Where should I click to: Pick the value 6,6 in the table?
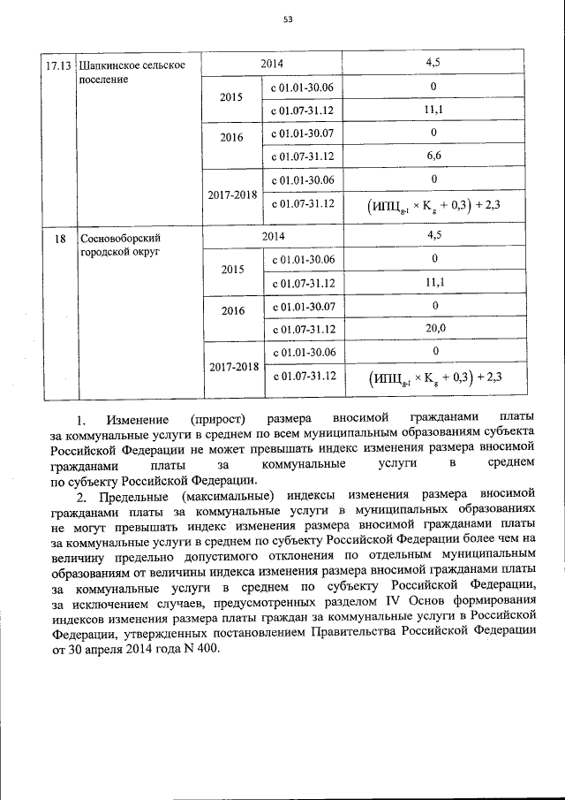pos(433,156)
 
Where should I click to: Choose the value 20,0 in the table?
pos(433,328)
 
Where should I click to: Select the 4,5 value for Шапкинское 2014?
pos(433,64)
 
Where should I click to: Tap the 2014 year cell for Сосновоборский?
pos(272,236)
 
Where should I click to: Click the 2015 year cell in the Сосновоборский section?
pos(231,270)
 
